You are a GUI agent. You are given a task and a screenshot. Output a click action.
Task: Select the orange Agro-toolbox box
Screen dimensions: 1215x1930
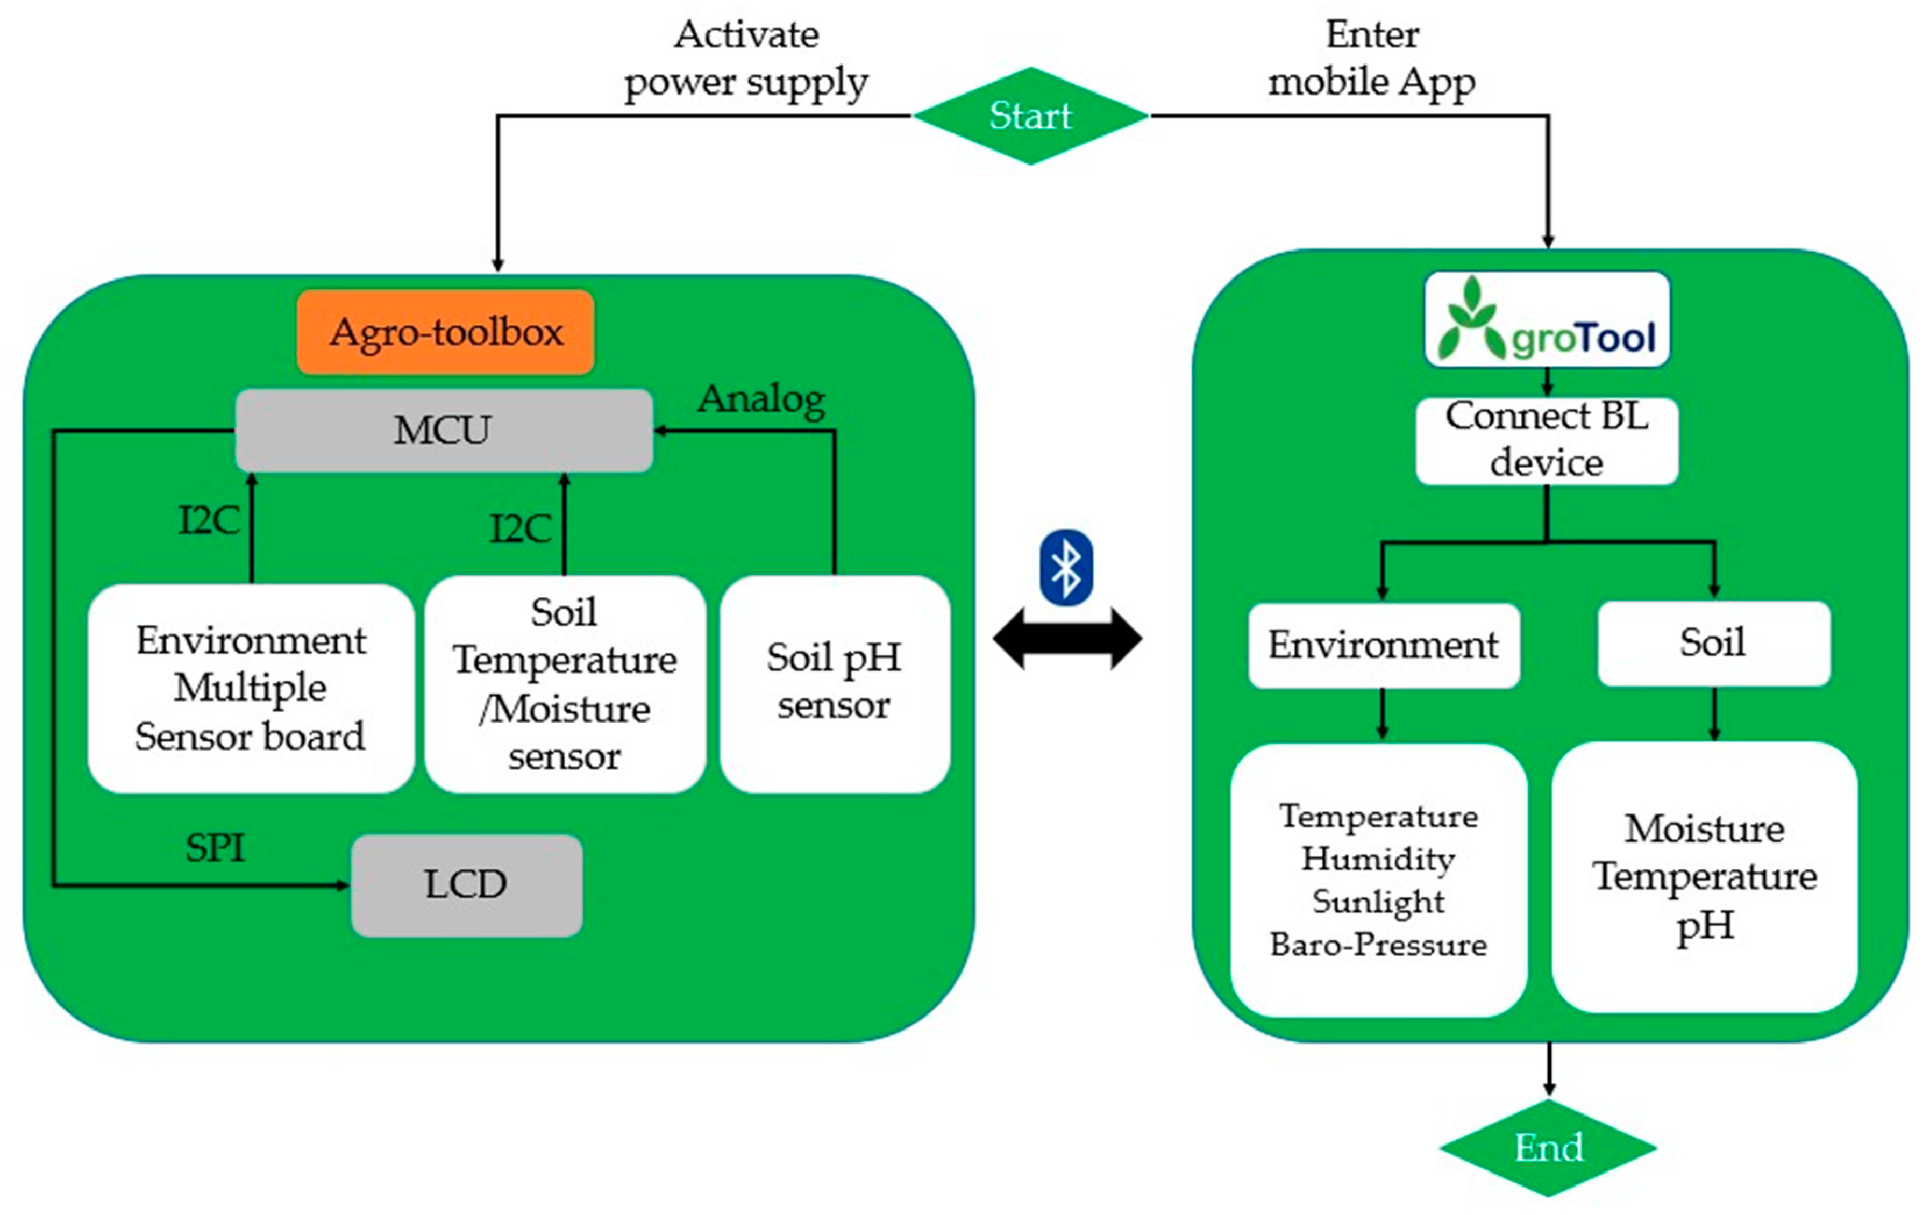pyautogui.click(x=446, y=332)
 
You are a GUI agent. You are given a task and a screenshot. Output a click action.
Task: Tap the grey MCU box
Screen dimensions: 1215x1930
pyautogui.click(x=443, y=431)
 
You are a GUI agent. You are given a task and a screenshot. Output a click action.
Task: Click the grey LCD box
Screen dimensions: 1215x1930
pyautogui.click(x=466, y=885)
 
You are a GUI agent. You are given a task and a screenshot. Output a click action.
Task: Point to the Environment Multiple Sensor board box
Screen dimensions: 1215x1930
pyautogui.click(x=251, y=688)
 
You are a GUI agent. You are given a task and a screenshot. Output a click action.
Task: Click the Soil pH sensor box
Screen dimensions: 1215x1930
pyautogui.click(x=835, y=682)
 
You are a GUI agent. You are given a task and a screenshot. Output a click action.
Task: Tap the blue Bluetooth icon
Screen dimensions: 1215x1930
pyautogui.click(x=1066, y=567)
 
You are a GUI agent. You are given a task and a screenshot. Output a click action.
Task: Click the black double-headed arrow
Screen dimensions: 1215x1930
pyautogui.click(x=1067, y=639)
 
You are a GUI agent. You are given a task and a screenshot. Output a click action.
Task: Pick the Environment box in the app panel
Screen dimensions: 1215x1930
pyautogui.click(x=1384, y=645)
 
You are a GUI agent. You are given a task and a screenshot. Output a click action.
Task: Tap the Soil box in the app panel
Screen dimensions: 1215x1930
pyautogui.click(x=1713, y=643)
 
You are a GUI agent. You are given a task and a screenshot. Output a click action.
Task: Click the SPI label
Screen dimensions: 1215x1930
pyautogui.click(x=215, y=848)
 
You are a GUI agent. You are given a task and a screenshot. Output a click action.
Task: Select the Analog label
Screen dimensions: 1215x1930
pyautogui.click(x=761, y=399)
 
